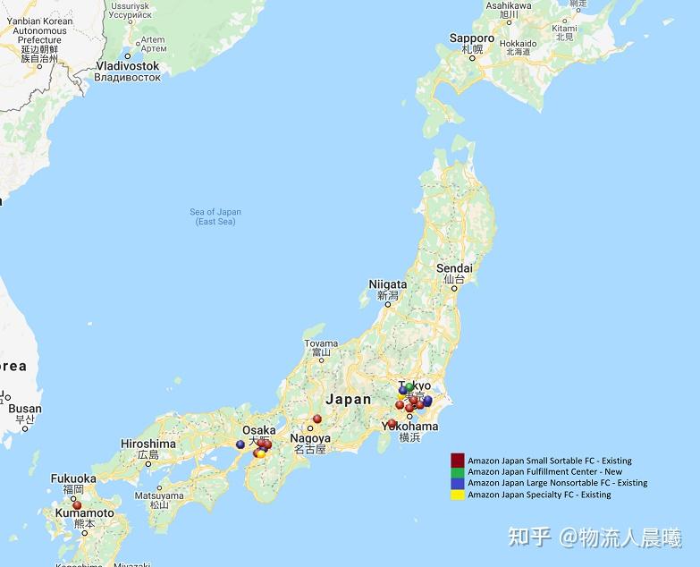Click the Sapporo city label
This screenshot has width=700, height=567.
coord(471,38)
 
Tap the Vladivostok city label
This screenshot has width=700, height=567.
coord(127,66)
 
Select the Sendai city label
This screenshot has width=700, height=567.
coord(454,268)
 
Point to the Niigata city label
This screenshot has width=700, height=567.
coord(387,284)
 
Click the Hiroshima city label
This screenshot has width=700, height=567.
coord(148,444)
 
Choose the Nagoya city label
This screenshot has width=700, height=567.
coord(309,438)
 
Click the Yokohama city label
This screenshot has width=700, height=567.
coord(409,427)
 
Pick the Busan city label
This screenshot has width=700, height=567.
coord(24,409)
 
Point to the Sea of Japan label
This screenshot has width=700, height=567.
coord(215,212)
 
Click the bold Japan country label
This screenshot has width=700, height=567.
coord(348,399)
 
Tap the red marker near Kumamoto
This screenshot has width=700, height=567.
coord(77,505)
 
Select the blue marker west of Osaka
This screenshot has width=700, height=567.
coord(240,444)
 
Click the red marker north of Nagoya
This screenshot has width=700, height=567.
coord(316,419)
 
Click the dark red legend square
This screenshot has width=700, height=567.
coord(457,460)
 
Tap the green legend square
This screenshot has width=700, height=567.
coord(457,471)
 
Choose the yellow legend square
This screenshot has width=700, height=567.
coord(457,495)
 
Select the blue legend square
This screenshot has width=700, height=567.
coord(457,483)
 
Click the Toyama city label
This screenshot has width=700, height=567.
coord(321,343)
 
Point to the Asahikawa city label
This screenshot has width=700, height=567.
coord(509,5)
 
